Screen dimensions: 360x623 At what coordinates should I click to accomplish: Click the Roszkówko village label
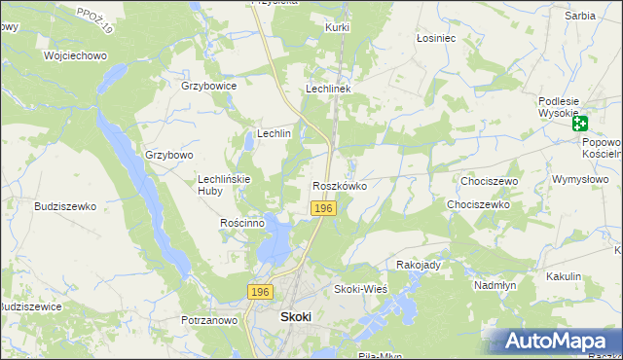click(x=339, y=185)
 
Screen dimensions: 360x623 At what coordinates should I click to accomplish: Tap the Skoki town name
click(x=296, y=316)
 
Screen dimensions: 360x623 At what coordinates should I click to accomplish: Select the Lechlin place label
click(x=274, y=133)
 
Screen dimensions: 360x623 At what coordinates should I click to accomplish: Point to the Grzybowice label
click(x=209, y=86)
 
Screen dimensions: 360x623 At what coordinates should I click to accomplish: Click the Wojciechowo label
click(x=75, y=55)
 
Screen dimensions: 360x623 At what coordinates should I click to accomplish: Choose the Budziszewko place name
click(x=65, y=206)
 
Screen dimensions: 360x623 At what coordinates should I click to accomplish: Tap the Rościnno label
click(x=243, y=223)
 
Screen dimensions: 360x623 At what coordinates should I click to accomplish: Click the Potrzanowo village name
click(x=209, y=319)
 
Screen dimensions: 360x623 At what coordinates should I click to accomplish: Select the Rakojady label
click(x=420, y=265)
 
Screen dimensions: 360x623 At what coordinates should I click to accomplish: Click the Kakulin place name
click(x=564, y=276)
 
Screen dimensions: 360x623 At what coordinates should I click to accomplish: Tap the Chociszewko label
click(x=478, y=205)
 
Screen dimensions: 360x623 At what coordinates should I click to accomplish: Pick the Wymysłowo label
click(x=580, y=180)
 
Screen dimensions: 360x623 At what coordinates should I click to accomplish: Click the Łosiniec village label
click(x=436, y=38)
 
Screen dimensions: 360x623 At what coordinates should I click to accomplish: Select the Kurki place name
click(x=338, y=27)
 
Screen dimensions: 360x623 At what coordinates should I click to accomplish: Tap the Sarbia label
click(x=579, y=17)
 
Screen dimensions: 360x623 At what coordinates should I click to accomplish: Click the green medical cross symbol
click(x=579, y=124)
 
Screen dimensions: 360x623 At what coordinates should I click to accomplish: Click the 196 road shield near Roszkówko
click(x=324, y=209)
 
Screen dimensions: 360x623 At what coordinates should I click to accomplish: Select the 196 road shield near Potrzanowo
click(x=258, y=292)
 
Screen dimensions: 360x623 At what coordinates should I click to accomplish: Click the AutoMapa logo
click(x=557, y=341)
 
